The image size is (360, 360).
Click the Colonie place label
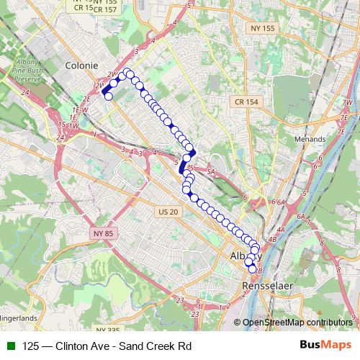pos(81,65)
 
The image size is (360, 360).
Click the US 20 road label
pos(166,212)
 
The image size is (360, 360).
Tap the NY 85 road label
pos(104,234)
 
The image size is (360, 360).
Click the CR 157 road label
pos(104,9)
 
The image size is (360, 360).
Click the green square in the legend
pos(9,346)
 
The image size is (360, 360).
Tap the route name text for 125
pos(107,346)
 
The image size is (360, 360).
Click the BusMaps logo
pos(326,346)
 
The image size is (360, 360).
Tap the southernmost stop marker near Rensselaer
pos(252,270)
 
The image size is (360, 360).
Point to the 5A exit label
pos(211,173)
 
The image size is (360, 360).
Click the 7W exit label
pos(348,103)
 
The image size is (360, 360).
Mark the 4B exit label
pos(272,239)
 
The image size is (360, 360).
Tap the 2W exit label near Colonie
pos(111,74)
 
